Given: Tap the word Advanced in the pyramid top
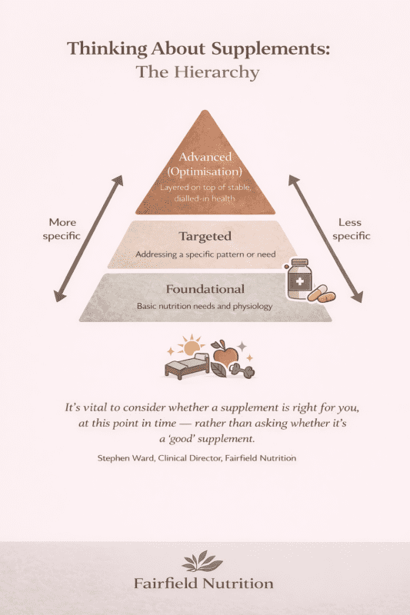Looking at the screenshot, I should click(205, 158).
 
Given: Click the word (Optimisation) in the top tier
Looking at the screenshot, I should click(205, 172).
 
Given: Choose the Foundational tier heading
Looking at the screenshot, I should click(205, 289).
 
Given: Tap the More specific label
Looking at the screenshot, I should click(61, 229).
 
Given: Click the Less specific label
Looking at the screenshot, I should click(349, 229).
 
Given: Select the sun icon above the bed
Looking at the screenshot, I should click(188, 344).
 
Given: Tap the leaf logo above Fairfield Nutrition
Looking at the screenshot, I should click(205, 560).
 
